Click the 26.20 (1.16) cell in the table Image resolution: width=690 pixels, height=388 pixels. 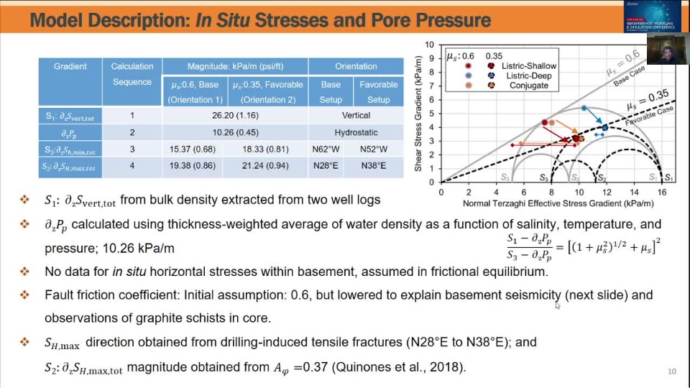tap(235, 115)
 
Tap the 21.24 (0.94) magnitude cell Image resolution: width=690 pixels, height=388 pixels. tap(265, 167)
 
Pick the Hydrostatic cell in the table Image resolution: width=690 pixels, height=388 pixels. tap(356, 132)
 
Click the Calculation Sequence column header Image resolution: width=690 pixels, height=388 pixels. tap(132, 74)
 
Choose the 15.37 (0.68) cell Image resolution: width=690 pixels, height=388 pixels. tap(192, 149)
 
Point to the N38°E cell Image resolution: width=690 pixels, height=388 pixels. tap(378, 167)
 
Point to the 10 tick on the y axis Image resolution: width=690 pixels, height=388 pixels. tap(430, 45)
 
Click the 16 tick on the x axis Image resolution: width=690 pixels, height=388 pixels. tap(662, 193)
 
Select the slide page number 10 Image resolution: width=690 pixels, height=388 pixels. tap(672, 371)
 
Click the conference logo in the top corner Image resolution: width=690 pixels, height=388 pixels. tap(652, 15)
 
